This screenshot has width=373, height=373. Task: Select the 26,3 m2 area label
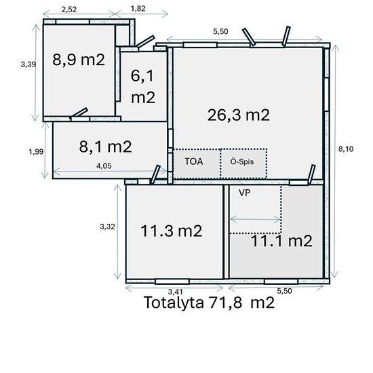(x=239, y=114)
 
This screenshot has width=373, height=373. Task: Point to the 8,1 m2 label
(x=105, y=145)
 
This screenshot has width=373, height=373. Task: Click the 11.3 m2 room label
(x=172, y=231)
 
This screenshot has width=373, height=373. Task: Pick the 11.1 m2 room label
(x=281, y=240)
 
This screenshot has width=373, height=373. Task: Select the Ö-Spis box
(x=242, y=163)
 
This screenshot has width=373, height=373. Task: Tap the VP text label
(x=245, y=192)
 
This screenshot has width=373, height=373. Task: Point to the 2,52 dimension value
(x=68, y=9)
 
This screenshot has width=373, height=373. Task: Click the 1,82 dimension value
(x=137, y=9)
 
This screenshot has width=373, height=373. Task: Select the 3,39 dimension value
(x=28, y=64)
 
